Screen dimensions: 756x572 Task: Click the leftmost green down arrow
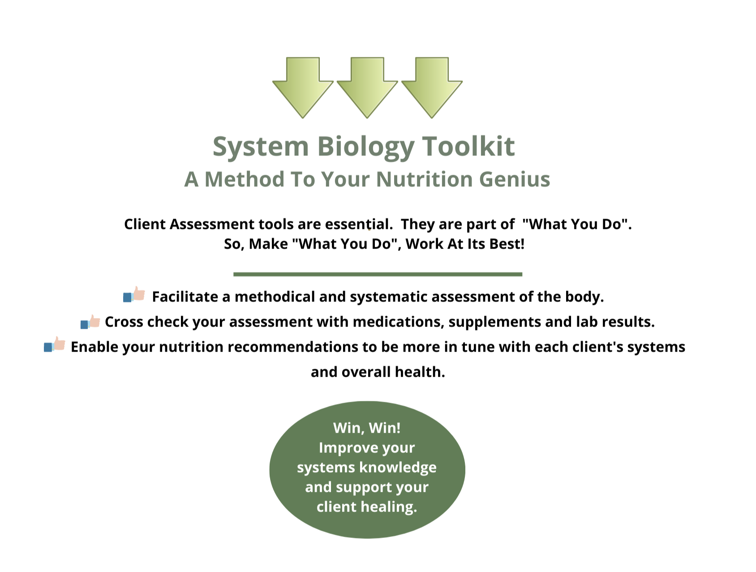click(x=303, y=87)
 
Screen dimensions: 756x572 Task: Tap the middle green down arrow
click(x=367, y=87)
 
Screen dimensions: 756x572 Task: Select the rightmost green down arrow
click(x=432, y=87)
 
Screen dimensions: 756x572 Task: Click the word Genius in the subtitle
click(x=515, y=179)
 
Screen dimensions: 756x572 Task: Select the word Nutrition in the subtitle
click(x=424, y=179)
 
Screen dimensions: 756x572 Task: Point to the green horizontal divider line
click(x=378, y=274)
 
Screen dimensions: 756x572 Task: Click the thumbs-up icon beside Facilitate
click(x=134, y=295)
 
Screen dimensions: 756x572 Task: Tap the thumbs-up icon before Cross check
click(x=90, y=321)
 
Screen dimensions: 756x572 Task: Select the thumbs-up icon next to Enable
click(x=55, y=345)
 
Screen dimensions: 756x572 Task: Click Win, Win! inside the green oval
click(x=367, y=428)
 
